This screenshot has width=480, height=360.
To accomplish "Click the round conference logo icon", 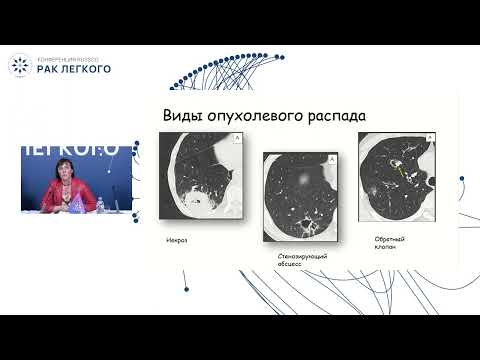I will [x=19, y=65].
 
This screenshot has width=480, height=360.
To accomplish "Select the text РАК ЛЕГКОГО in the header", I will [x=74, y=69].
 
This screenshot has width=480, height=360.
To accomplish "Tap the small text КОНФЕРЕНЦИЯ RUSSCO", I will [x=69, y=58].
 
